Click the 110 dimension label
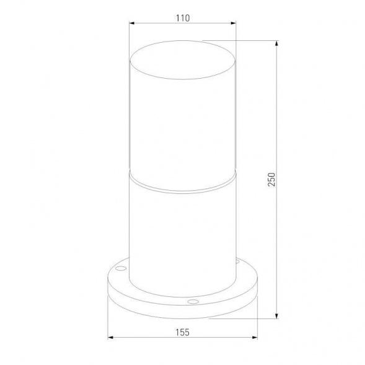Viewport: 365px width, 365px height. pyautogui.click(x=182, y=19)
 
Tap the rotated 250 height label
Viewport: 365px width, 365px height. pyautogui.click(x=271, y=180)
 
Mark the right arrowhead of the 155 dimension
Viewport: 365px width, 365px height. pyautogui.click(x=256, y=338)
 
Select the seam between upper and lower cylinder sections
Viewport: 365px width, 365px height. pyautogui.click(x=183, y=185)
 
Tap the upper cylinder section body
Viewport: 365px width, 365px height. pyautogui.click(x=183, y=124)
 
